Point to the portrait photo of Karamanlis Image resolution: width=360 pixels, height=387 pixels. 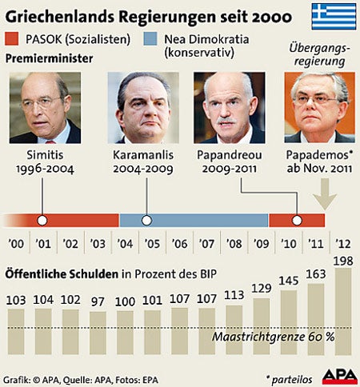[146, 108]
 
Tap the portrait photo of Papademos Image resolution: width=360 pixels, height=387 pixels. [319, 108]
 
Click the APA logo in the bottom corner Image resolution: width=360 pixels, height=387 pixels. [339, 376]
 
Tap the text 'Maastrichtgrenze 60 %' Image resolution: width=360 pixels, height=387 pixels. [273, 337]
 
